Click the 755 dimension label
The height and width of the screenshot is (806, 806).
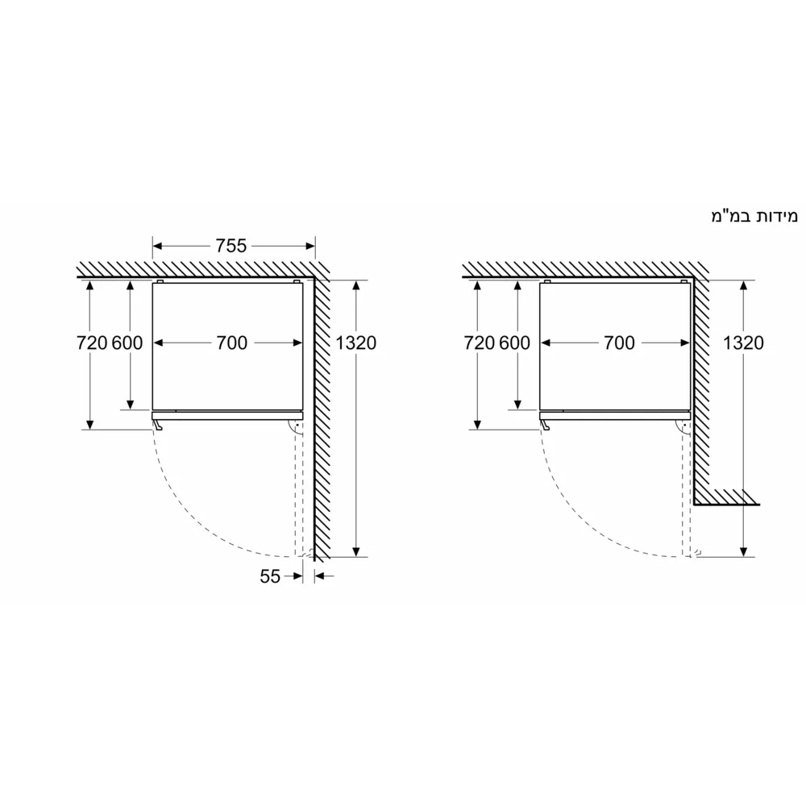[x=231, y=246]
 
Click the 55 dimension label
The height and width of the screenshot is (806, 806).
[x=269, y=576]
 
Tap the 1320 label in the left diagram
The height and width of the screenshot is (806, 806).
[x=355, y=343]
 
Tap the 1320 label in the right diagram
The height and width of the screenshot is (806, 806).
[x=743, y=343]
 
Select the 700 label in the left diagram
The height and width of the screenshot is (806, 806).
[x=231, y=343]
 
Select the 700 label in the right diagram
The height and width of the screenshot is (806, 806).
[x=619, y=343]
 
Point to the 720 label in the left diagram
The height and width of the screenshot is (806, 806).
[x=92, y=343]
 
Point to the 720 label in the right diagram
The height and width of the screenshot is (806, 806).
[x=480, y=343]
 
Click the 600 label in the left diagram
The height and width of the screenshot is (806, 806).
[x=127, y=343]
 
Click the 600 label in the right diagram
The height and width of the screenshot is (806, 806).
[x=515, y=343]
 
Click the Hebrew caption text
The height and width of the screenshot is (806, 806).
[x=753, y=216]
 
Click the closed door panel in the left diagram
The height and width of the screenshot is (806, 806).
[x=227, y=417]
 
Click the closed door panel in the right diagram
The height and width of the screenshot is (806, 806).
[x=615, y=417]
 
